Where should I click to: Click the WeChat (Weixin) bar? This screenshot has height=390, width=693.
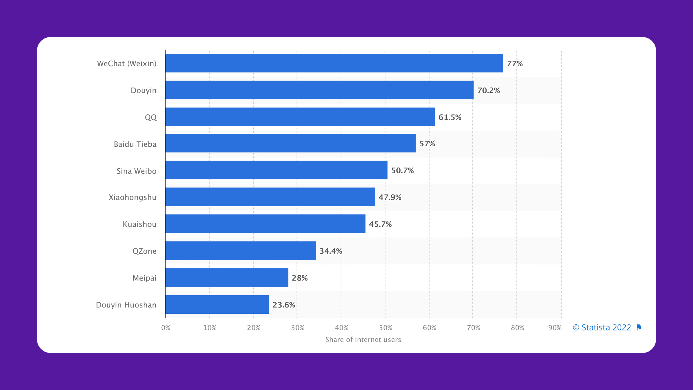(x=334, y=63)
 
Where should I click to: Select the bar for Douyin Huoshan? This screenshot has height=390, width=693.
(x=217, y=304)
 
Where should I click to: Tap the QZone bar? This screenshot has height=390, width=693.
(x=241, y=251)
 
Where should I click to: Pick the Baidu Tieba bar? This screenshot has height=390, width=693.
(x=290, y=143)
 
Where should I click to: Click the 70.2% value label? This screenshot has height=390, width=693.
(x=489, y=90)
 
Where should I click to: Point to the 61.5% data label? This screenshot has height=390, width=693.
(x=450, y=117)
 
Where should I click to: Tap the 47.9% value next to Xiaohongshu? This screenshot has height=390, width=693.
(x=390, y=197)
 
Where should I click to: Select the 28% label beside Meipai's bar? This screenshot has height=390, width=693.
(x=299, y=278)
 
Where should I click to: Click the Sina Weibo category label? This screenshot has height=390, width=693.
(x=136, y=171)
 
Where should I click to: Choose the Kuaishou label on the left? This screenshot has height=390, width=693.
(x=139, y=224)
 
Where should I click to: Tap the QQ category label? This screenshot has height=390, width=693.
(x=150, y=117)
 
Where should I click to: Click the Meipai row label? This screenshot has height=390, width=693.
(x=144, y=278)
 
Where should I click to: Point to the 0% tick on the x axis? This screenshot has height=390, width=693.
(x=166, y=328)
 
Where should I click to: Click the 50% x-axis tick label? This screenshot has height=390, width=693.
(x=385, y=328)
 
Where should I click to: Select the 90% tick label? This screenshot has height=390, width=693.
(x=555, y=328)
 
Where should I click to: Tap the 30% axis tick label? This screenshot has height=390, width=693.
(x=297, y=328)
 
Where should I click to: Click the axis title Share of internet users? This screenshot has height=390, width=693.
(x=363, y=340)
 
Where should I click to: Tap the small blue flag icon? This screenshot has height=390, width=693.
(x=639, y=327)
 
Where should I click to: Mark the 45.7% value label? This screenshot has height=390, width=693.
(x=380, y=224)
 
